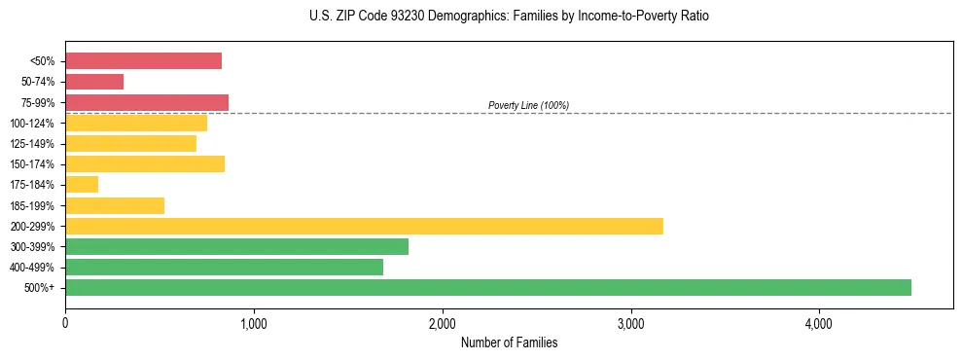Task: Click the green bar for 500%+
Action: pyautogui.click(x=487, y=287)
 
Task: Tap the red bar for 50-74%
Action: pyautogui.click(x=94, y=82)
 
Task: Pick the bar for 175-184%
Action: pyautogui.click(x=82, y=185)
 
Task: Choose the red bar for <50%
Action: pyautogui.click(x=143, y=61)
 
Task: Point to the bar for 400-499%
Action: pyautogui.click(x=224, y=267)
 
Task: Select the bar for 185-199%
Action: pyautogui.click(x=115, y=205)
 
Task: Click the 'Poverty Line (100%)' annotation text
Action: pyautogui.click(x=528, y=105)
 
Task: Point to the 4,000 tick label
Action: pyautogui.click(x=819, y=323)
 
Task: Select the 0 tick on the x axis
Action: pyautogui.click(x=65, y=323)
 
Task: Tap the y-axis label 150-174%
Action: pyautogui.click(x=34, y=164)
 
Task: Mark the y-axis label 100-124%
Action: pyautogui.click(x=34, y=124)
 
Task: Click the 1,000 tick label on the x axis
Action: pyautogui.click(x=253, y=323)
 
